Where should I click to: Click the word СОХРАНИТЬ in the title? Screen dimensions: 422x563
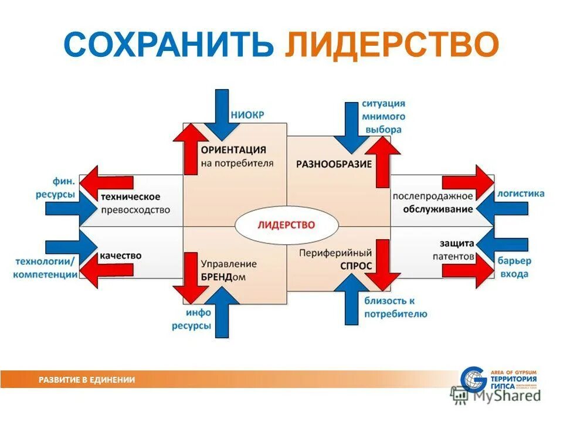(170, 46)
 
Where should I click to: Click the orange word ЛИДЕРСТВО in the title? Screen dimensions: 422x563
(392, 46)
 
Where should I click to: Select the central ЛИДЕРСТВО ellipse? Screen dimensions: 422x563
(287, 225)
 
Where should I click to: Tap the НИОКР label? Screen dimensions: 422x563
(247, 115)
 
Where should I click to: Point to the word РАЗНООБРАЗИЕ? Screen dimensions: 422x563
(334, 164)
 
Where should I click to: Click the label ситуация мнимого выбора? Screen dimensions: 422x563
(382, 117)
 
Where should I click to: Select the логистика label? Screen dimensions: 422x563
(520, 193)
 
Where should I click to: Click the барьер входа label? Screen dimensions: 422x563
(515, 267)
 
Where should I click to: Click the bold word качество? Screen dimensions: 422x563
(121, 256)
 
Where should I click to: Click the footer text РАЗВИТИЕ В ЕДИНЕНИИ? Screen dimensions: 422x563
(87, 380)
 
